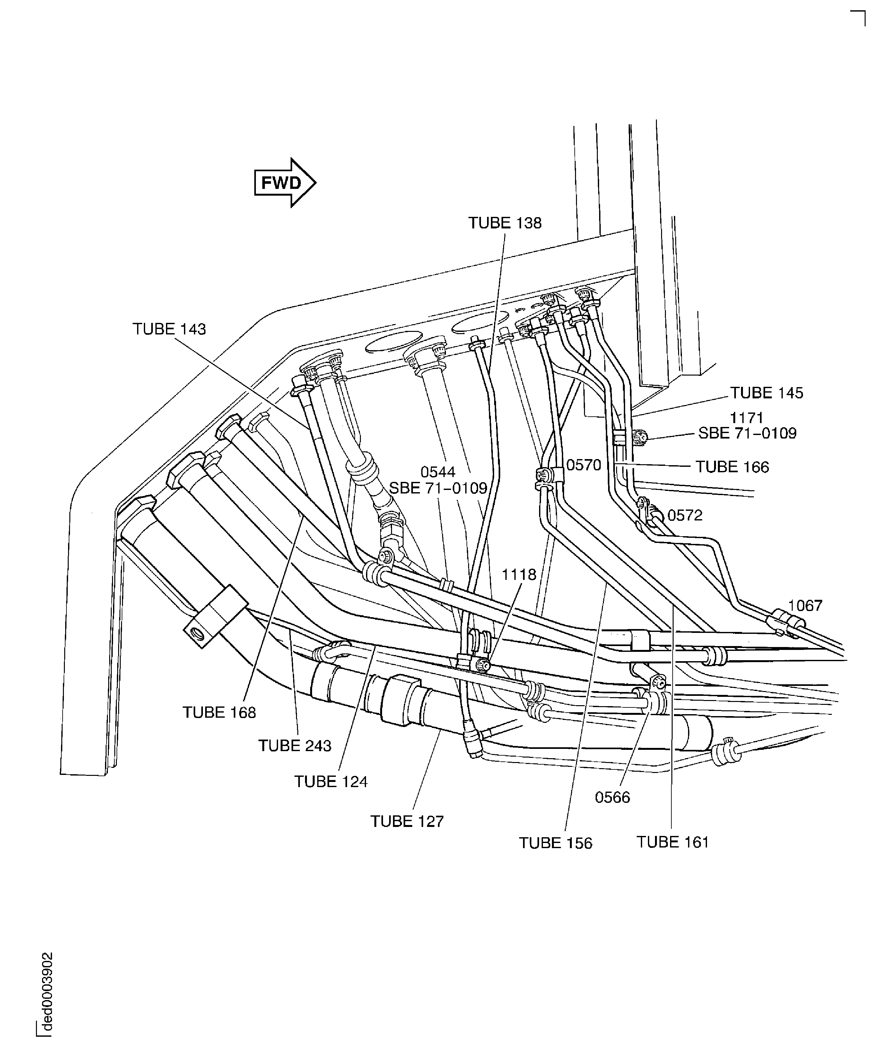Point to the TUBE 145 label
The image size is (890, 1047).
(766, 393)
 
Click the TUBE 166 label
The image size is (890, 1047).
(732, 467)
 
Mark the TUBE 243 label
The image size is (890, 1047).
(295, 746)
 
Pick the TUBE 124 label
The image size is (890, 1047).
(331, 781)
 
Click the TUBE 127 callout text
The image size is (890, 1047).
(407, 821)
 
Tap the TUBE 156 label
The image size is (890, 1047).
(555, 843)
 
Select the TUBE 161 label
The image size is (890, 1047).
(673, 842)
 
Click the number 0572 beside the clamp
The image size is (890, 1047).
(685, 515)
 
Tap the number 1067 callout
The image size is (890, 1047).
(805, 605)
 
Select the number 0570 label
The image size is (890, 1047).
(584, 465)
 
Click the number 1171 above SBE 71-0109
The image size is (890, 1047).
(747, 418)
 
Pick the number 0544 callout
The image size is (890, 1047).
(438, 472)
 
